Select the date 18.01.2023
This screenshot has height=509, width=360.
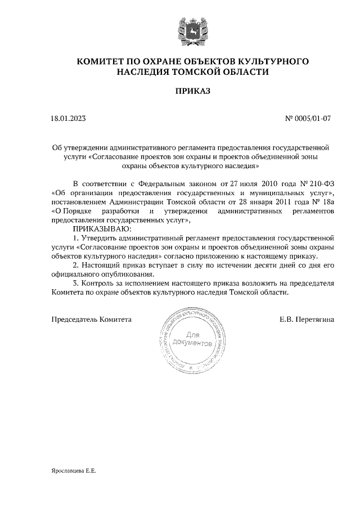coord(68,119)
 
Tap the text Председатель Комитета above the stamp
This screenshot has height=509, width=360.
coord(92,319)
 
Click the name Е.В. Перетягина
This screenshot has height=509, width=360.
coord(307,319)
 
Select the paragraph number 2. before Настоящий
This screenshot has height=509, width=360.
coord(77,265)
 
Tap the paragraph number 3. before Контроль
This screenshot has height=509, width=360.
coord(77,283)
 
